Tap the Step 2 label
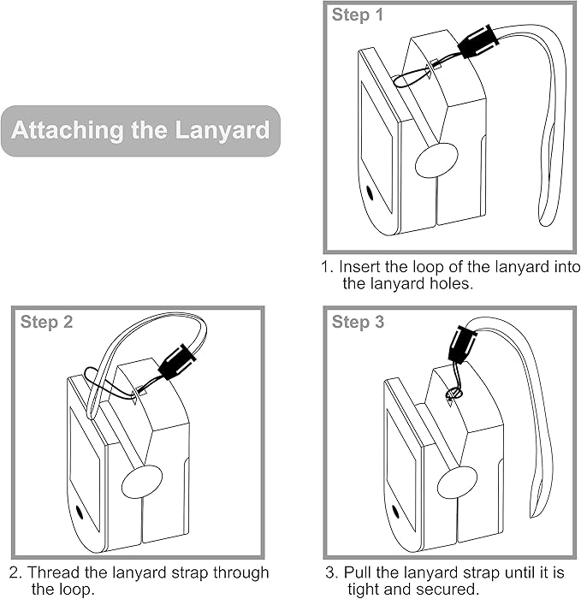coord(46,323)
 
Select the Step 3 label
coord(358,323)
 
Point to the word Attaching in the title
coord(66,131)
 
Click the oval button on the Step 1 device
coord(436,160)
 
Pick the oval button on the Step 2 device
coord(141,483)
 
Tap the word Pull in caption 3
coord(359,572)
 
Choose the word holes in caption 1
coord(449,283)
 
